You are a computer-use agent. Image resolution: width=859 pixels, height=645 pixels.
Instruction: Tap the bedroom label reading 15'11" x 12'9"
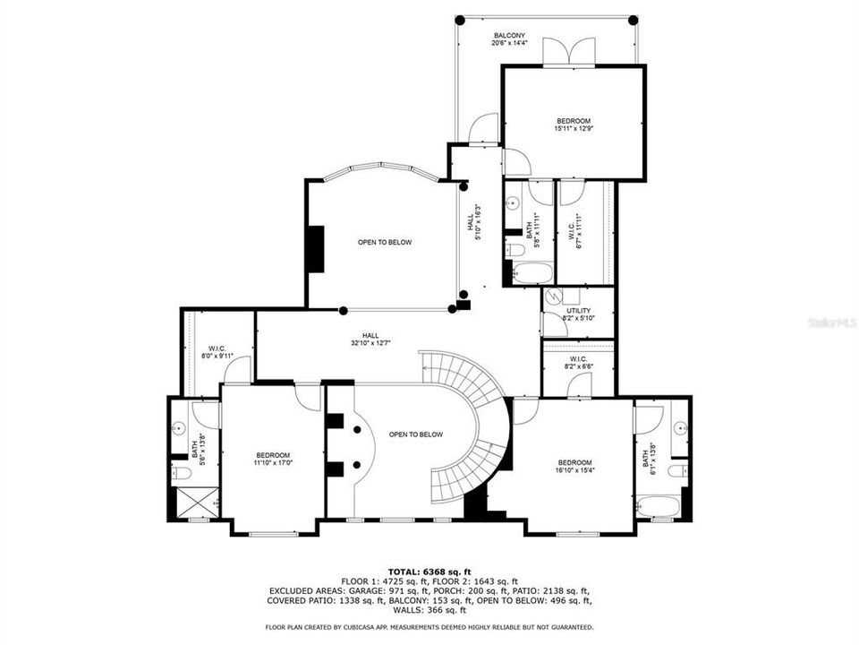point(574,125)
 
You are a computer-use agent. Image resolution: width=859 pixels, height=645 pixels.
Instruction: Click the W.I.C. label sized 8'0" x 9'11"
point(217,352)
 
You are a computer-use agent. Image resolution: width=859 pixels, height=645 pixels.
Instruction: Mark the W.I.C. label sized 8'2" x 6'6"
point(577,363)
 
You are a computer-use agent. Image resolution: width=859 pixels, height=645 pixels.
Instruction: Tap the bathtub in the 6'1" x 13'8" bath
point(659,506)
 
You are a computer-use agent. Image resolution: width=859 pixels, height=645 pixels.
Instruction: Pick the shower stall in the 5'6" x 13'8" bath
point(197,503)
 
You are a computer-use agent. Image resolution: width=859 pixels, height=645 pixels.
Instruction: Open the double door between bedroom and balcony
point(569,51)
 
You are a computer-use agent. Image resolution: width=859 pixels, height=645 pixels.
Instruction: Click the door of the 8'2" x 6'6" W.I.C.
point(579,385)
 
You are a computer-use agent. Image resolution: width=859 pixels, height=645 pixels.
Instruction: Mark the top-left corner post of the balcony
point(458,19)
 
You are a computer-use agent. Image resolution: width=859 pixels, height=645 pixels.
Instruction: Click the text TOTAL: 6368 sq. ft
point(429,571)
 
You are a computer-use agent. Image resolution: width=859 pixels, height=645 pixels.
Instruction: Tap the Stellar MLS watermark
point(831,320)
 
